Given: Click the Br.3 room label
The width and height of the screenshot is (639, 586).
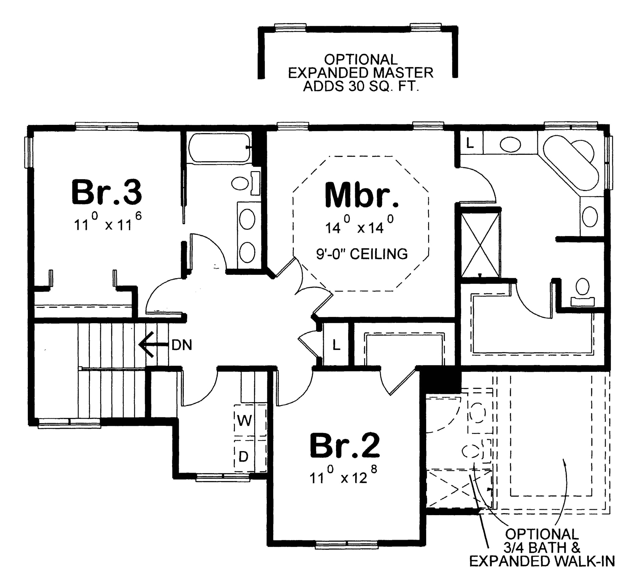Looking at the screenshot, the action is click(106, 192).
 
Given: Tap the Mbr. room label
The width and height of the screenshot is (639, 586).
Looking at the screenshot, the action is click(362, 195).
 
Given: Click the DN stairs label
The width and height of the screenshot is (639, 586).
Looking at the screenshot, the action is click(182, 345).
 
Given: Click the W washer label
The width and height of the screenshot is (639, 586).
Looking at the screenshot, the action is click(245, 421).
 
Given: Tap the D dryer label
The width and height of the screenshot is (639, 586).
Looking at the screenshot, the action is click(243, 457).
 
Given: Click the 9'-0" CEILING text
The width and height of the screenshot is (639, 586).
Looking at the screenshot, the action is click(362, 254).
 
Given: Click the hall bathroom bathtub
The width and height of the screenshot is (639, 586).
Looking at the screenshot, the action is click(219, 148).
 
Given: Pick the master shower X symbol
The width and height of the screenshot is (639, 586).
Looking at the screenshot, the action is click(480, 244).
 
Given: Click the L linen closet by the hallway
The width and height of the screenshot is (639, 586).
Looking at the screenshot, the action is click(336, 345).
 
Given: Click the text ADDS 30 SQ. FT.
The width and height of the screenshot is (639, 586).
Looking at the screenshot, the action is click(361, 86).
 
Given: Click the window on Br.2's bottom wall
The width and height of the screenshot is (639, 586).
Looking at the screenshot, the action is click(347, 545).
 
